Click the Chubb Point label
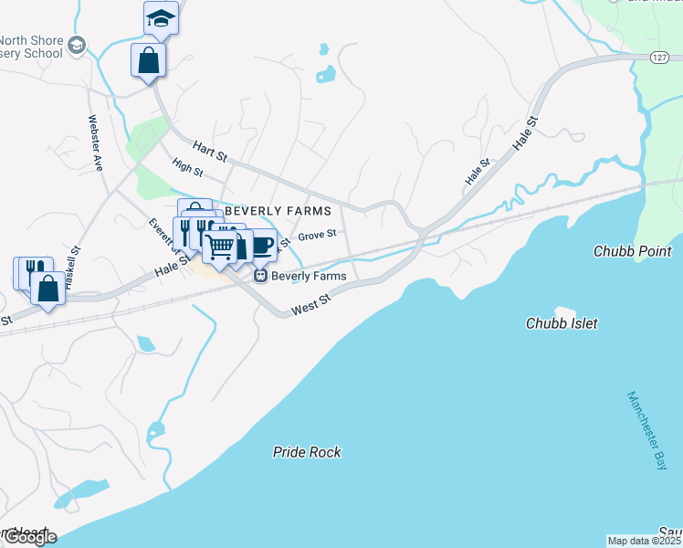point(632,251)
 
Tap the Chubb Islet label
point(562,323)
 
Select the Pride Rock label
point(307,452)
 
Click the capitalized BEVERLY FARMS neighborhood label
point(278,211)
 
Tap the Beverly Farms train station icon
point(259,275)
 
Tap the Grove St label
point(318,236)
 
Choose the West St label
point(310,311)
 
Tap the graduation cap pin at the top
point(161,18)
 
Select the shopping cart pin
point(219,247)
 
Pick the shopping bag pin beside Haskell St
point(47,287)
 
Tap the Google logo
point(29,536)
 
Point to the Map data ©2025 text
point(644,541)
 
